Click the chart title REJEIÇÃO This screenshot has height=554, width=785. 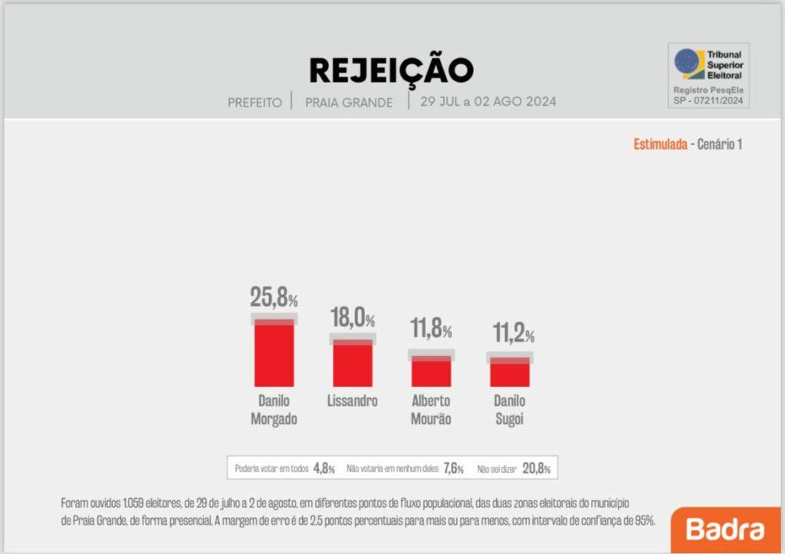pos(391,70)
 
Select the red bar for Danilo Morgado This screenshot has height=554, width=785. pos(274,354)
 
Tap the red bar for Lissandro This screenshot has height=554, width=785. pos(353,364)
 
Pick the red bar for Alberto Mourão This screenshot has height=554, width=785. pos(431,372)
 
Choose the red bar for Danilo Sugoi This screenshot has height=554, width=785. pos(510,374)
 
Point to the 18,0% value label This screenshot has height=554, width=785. pos(353,317)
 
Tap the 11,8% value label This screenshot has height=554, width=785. pos(431,330)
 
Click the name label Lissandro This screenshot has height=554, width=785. pos(353,402)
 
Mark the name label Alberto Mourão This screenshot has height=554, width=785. pos(431,410)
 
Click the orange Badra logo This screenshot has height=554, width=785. pos(725,529)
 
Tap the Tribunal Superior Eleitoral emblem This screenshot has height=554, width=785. pos(688,64)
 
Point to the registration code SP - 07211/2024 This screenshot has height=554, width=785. pos(708,100)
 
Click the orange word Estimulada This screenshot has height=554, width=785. pos(660,144)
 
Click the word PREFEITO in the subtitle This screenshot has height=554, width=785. pos(255,102)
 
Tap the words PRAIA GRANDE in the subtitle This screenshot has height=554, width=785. pos(349,102)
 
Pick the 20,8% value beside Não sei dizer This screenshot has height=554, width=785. pos(537,468)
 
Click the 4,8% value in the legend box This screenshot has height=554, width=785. pos(324,468)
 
